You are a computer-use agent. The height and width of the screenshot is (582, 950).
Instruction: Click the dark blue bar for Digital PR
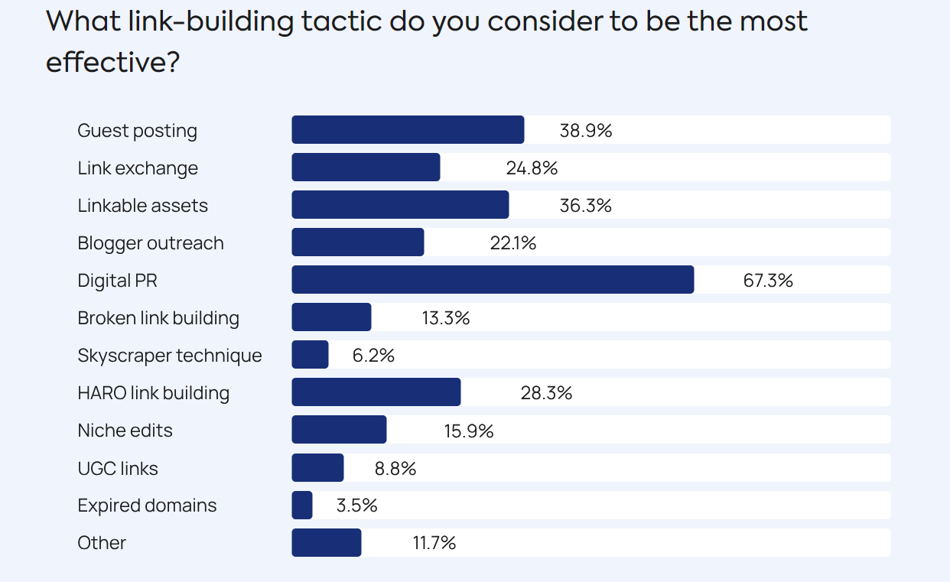click(x=493, y=280)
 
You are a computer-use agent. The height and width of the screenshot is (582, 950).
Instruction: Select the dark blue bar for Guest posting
click(x=408, y=130)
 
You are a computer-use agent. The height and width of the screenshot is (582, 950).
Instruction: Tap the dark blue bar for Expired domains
click(x=302, y=506)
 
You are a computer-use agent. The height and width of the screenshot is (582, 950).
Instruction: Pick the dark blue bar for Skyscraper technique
click(x=310, y=355)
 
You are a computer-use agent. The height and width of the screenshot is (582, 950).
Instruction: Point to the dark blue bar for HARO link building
click(x=376, y=392)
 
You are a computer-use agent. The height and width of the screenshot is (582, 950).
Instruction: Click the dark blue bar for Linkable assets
click(x=400, y=205)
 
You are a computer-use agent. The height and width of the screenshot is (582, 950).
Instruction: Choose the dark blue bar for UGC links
click(x=317, y=468)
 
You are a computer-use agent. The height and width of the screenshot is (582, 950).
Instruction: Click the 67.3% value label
click(x=768, y=281)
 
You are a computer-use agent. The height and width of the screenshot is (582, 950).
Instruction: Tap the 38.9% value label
click(x=586, y=131)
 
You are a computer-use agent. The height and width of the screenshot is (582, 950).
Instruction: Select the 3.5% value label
click(x=356, y=506)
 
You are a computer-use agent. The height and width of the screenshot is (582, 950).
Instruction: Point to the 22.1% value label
click(x=512, y=243)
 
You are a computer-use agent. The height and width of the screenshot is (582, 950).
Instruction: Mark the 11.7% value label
click(x=434, y=543)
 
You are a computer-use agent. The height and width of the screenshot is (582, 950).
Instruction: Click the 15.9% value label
click(x=469, y=431)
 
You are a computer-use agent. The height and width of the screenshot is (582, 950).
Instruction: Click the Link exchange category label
click(x=138, y=168)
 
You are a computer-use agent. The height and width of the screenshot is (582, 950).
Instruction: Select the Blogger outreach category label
click(x=151, y=243)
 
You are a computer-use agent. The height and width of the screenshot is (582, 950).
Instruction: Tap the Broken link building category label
click(x=158, y=318)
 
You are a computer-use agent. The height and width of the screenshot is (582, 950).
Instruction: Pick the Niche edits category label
click(x=125, y=431)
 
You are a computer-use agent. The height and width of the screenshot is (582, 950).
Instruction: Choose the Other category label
click(x=102, y=543)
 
